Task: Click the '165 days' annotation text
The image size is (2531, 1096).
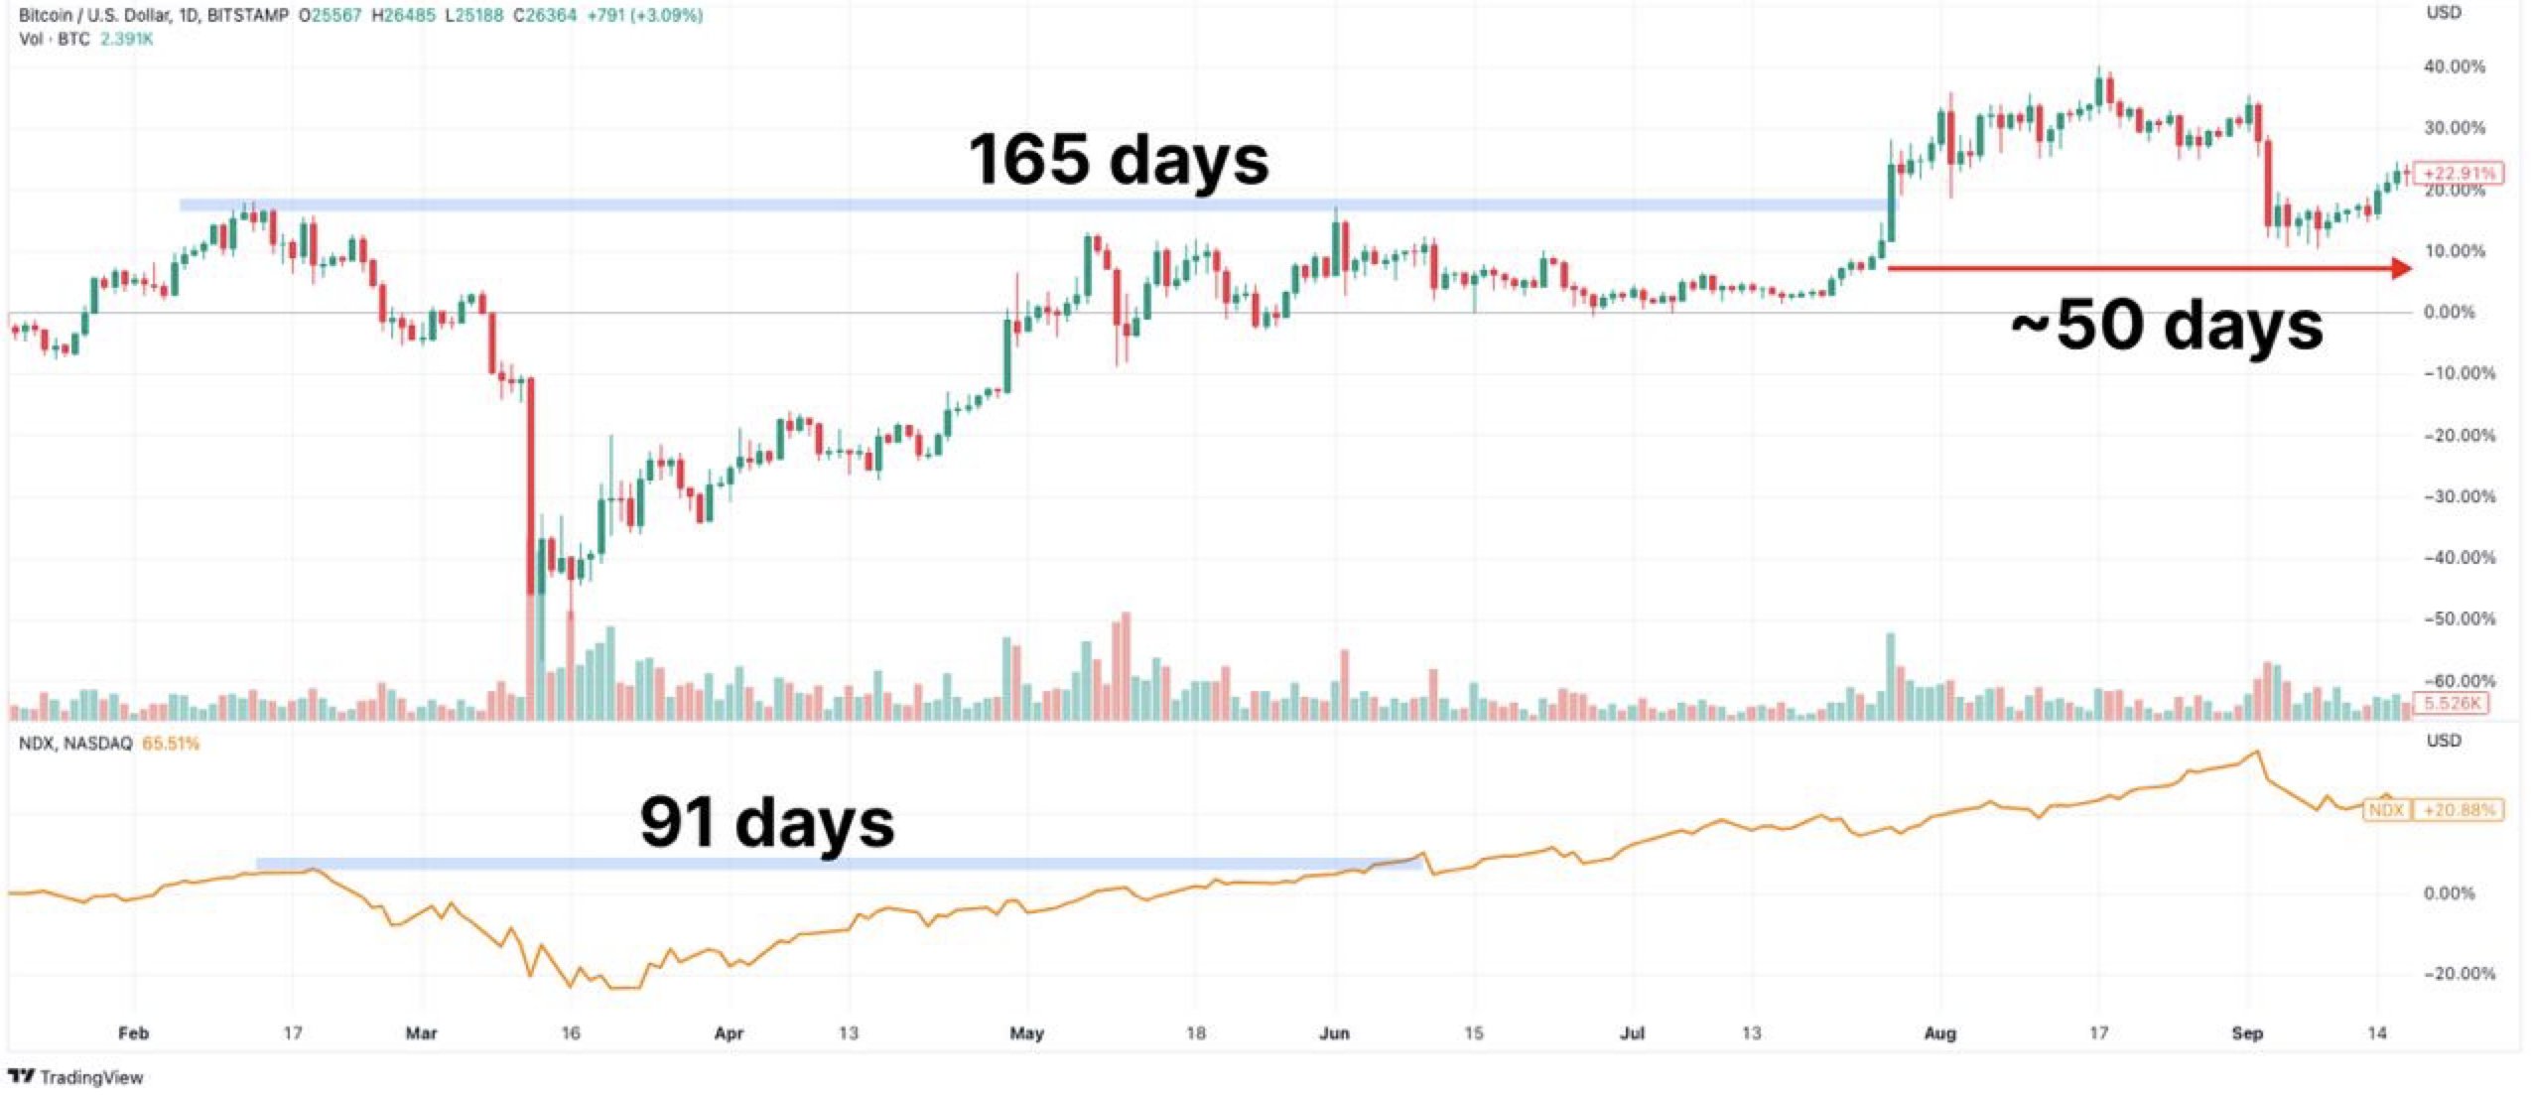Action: pyautogui.click(x=1118, y=159)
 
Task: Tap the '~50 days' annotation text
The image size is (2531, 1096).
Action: pyautogui.click(x=2166, y=325)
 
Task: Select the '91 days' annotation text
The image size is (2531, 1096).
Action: pyautogui.click(x=766, y=822)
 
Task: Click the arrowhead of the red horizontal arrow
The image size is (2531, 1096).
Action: pyautogui.click(x=2401, y=268)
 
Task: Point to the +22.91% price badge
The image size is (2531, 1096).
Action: pyautogui.click(x=2458, y=173)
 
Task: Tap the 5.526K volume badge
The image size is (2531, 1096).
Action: pyautogui.click(x=2453, y=704)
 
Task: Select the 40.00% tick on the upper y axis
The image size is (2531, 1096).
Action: pyautogui.click(x=2454, y=67)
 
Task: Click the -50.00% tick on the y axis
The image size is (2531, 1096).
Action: pyautogui.click(x=2458, y=618)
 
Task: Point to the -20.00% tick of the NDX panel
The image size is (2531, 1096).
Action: pyautogui.click(x=2458, y=974)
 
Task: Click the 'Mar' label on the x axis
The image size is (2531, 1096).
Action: pyautogui.click(x=421, y=1033)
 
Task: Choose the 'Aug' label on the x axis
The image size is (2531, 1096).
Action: pyautogui.click(x=1939, y=1033)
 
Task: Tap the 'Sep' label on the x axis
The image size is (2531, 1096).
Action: pyautogui.click(x=2246, y=1033)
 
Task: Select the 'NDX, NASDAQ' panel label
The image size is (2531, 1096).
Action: pyautogui.click(x=75, y=744)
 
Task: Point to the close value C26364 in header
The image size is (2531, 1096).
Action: pyautogui.click(x=544, y=16)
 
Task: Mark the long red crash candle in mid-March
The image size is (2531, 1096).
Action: pyautogui.click(x=531, y=486)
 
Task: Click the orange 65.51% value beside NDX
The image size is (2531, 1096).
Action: pyautogui.click(x=171, y=744)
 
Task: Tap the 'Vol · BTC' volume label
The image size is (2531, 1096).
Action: pyautogui.click(x=55, y=40)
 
